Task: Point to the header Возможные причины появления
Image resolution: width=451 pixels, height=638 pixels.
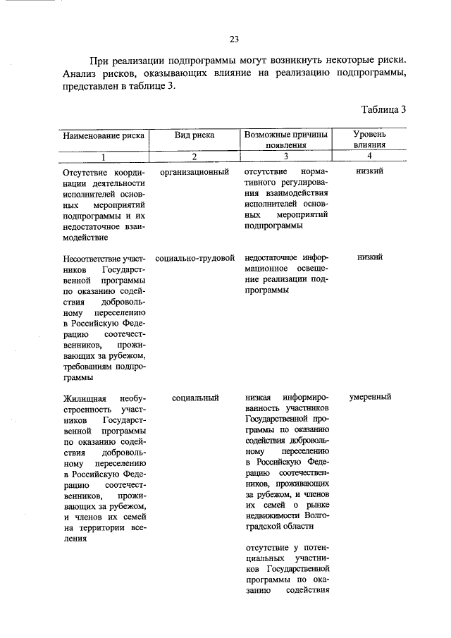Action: point(286,140)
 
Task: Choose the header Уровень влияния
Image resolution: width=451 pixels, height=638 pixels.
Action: point(370,140)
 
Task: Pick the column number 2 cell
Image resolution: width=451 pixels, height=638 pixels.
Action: point(194,157)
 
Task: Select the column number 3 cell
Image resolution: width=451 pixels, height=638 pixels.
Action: point(286,157)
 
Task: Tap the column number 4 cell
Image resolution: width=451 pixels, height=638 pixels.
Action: point(370,156)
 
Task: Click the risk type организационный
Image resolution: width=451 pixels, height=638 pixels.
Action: point(194,172)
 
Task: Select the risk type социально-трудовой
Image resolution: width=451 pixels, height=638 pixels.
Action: point(194,258)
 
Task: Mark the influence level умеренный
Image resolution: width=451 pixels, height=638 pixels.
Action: point(370,398)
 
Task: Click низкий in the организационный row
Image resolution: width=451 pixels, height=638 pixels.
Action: point(370,172)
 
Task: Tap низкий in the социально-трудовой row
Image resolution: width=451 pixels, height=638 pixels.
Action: point(370,258)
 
